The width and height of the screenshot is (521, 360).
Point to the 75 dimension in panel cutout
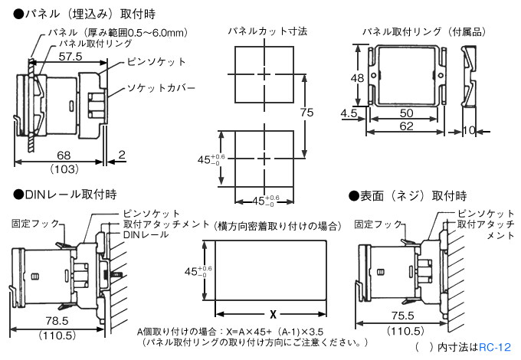[x=306, y=113]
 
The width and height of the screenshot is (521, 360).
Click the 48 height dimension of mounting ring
[x=357, y=78]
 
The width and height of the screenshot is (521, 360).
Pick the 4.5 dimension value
[x=349, y=113]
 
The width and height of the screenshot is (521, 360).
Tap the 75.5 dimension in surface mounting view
[x=401, y=316]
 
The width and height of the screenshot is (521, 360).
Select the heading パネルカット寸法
[x=267, y=31]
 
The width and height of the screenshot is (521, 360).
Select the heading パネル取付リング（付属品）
[x=423, y=31]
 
